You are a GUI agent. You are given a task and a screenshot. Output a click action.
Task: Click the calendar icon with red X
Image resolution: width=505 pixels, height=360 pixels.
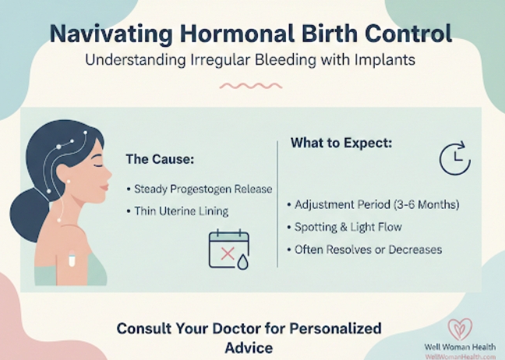tap(227, 249)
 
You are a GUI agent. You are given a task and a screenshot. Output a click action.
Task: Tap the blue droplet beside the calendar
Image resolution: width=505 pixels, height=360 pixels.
tap(242, 263)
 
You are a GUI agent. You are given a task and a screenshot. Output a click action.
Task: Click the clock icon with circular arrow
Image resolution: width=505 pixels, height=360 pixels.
tap(454, 158)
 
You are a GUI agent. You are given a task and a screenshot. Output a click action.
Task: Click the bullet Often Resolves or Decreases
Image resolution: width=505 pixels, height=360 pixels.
tap(363, 249)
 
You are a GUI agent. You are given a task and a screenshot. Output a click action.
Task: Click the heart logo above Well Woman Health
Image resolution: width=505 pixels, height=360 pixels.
tap(460, 329)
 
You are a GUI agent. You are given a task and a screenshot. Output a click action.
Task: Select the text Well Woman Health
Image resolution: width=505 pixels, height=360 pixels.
tap(460, 347)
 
